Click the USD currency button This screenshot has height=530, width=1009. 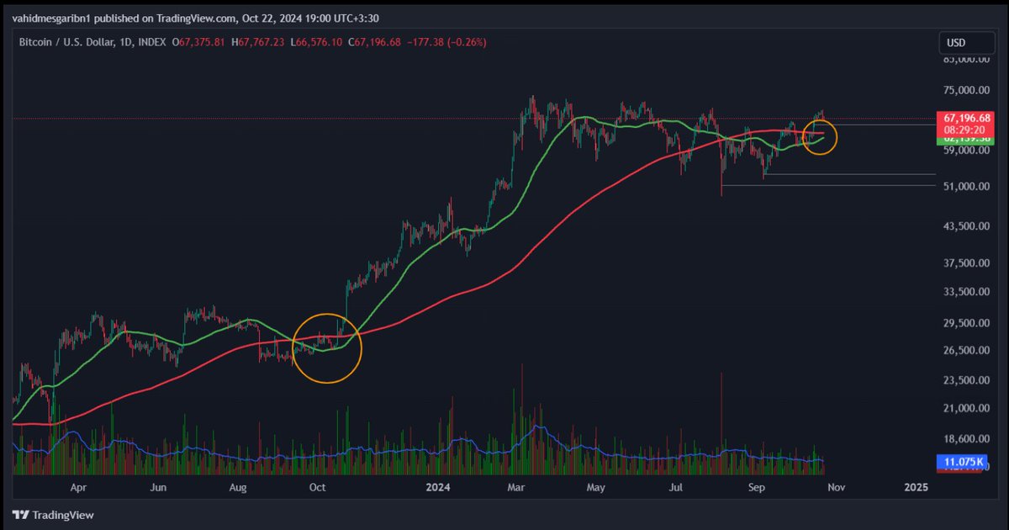pyautogui.click(x=956, y=42)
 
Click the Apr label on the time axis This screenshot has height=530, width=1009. pyautogui.click(x=78, y=487)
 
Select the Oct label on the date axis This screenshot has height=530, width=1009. pyautogui.click(x=317, y=487)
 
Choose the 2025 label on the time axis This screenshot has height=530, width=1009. pyautogui.click(x=916, y=487)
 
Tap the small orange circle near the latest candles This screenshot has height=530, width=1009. pyautogui.click(x=820, y=137)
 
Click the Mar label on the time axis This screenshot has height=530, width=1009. pyautogui.click(x=517, y=487)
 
